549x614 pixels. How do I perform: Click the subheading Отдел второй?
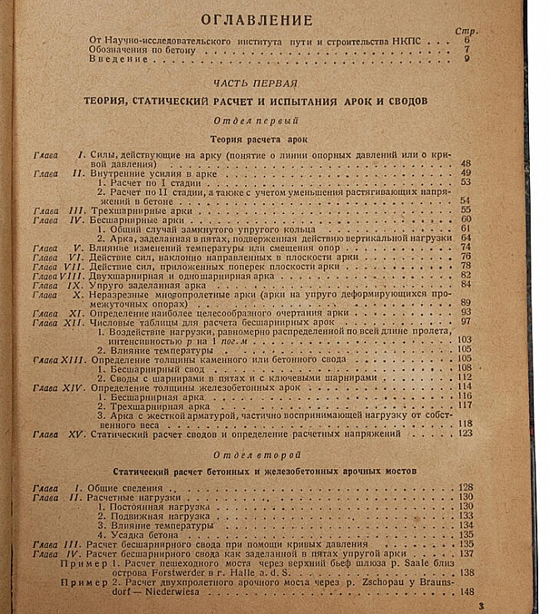click(255, 455)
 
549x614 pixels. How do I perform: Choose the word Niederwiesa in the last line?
click(167, 592)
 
